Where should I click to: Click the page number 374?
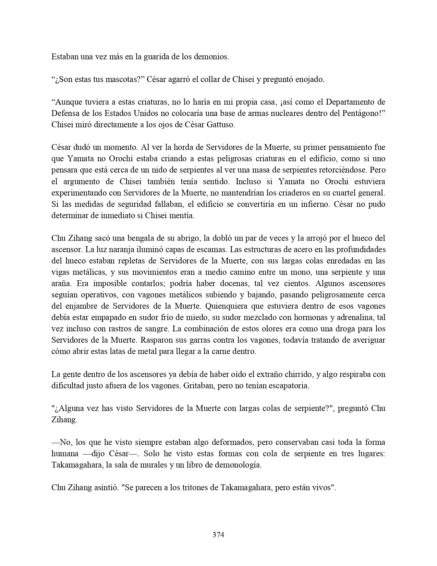(x=218, y=534)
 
